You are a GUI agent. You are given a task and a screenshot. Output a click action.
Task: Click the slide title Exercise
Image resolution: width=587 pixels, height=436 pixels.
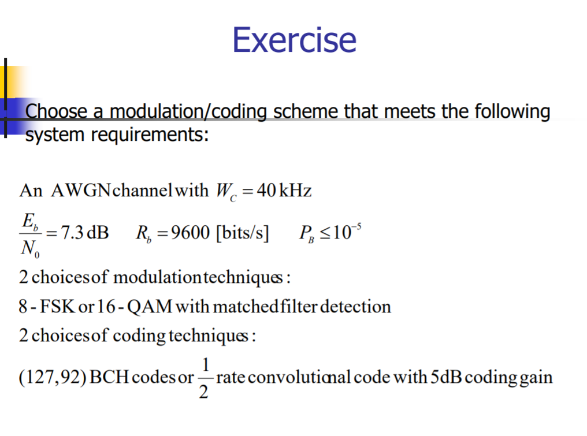tap(294, 39)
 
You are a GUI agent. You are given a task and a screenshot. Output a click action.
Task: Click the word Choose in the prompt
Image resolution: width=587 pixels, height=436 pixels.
tap(54, 111)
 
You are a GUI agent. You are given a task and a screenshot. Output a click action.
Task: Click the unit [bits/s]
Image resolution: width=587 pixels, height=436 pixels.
tap(242, 233)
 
